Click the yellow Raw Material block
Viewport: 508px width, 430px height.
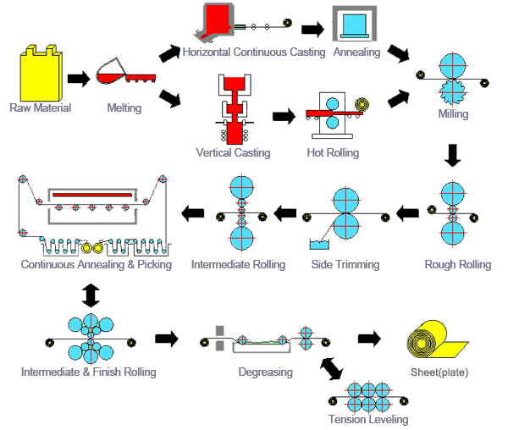[x=39, y=73]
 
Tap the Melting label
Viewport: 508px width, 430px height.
[x=124, y=107]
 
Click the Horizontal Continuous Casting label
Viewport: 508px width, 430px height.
[x=254, y=52]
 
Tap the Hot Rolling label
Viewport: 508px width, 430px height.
[x=333, y=152]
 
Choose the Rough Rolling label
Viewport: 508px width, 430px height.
[x=457, y=264]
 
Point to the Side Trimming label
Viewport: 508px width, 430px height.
[x=345, y=264]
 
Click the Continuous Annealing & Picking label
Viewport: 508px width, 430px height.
[x=97, y=264]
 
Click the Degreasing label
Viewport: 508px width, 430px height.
[x=266, y=372]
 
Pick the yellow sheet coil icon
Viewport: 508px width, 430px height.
[x=437, y=341]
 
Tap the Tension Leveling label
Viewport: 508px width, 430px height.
[x=368, y=420]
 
